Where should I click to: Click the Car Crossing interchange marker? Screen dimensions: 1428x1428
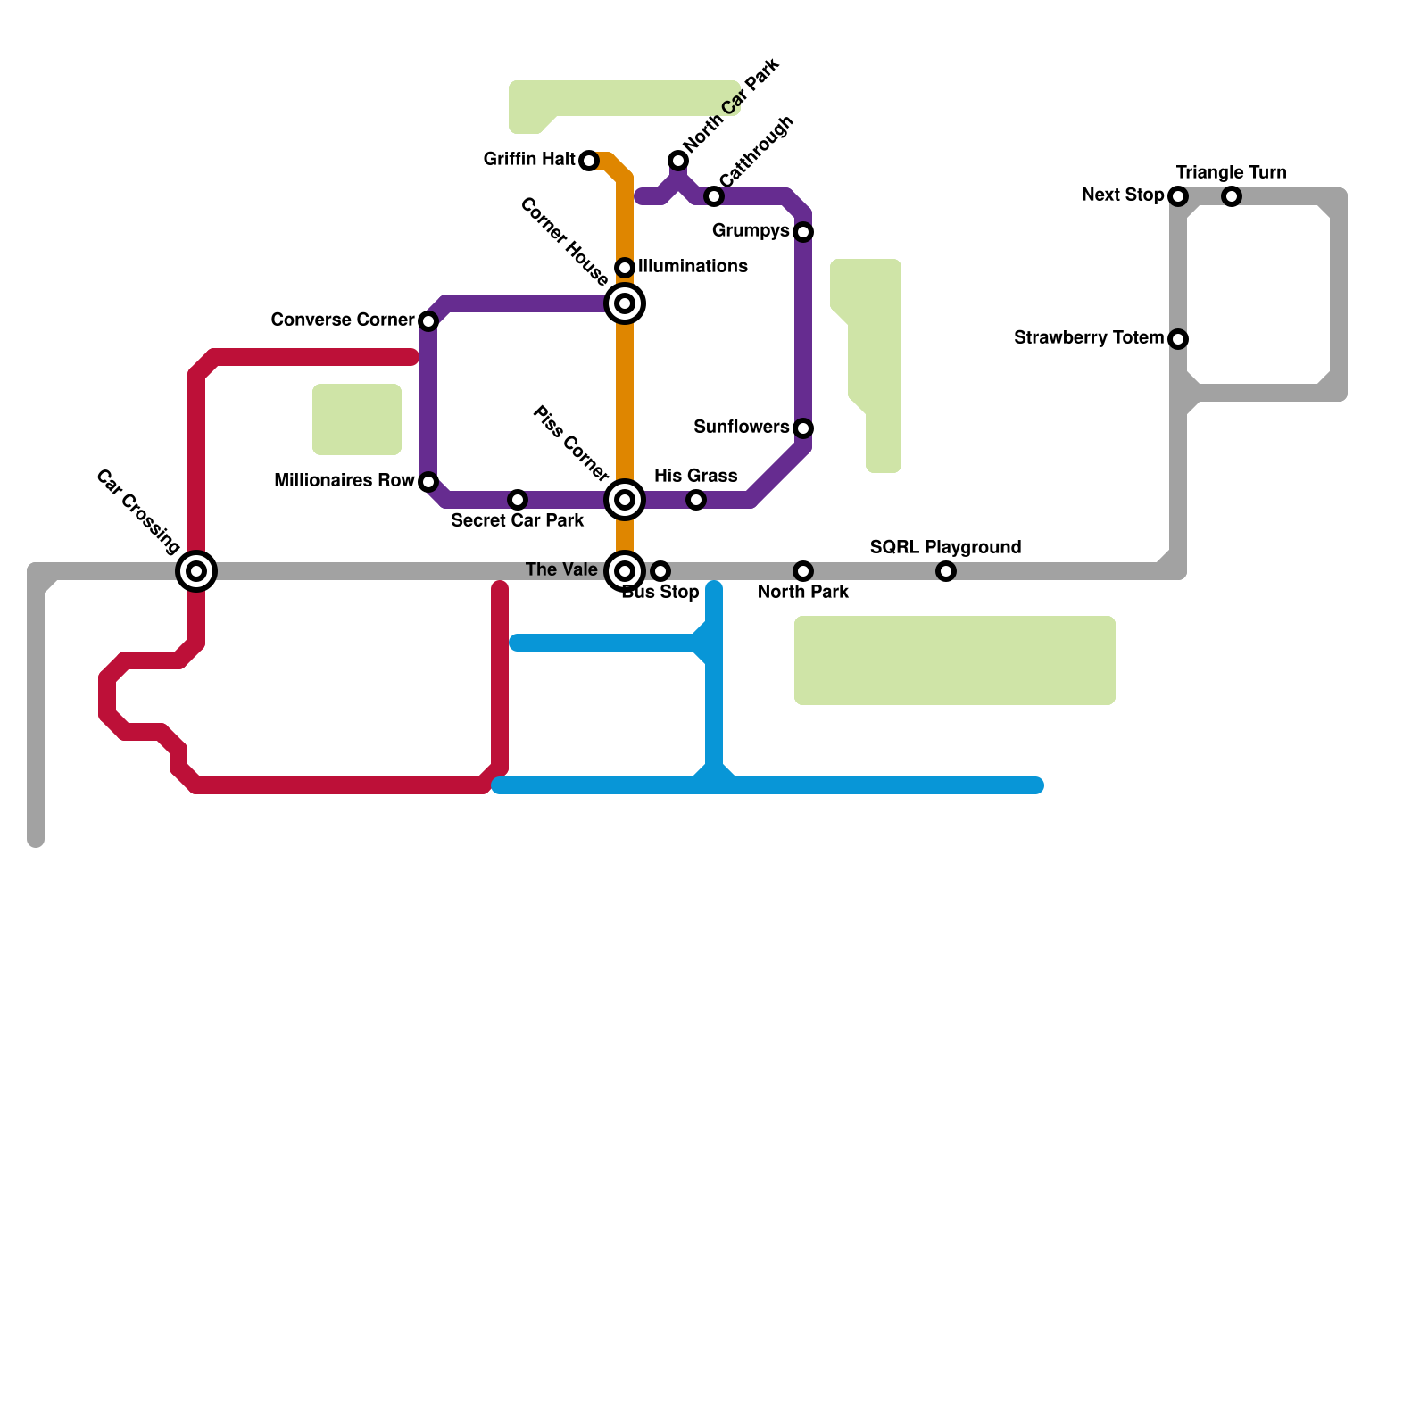click(x=196, y=571)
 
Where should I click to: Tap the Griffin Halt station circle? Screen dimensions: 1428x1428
click(x=589, y=161)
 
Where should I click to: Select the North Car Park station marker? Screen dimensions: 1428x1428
click(x=678, y=161)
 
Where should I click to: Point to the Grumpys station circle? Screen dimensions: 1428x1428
click(x=803, y=232)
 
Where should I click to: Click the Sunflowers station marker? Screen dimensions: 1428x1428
click(x=803, y=428)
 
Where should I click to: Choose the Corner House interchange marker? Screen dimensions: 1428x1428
click(x=625, y=303)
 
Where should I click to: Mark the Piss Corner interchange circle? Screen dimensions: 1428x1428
click(x=625, y=500)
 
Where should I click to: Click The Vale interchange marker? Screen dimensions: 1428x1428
click(x=625, y=571)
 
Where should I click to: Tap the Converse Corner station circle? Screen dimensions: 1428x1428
click(x=428, y=321)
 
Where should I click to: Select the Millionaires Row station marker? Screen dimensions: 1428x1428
click(x=428, y=482)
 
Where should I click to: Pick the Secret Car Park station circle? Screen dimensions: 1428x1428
click(x=518, y=500)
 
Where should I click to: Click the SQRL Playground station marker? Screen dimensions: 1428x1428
click(x=946, y=571)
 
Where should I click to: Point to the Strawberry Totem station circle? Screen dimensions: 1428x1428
click(x=1178, y=339)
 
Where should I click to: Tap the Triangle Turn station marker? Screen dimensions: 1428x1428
click(x=1232, y=196)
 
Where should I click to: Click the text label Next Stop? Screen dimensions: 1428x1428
click(x=1122, y=195)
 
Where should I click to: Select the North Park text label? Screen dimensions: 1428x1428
click(x=803, y=592)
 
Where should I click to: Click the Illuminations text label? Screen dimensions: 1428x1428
click(x=693, y=266)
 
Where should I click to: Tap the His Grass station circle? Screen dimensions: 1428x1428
click(x=696, y=500)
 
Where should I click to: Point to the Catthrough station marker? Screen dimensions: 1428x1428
click(x=714, y=196)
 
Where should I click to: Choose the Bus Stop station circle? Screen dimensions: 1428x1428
click(x=660, y=571)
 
